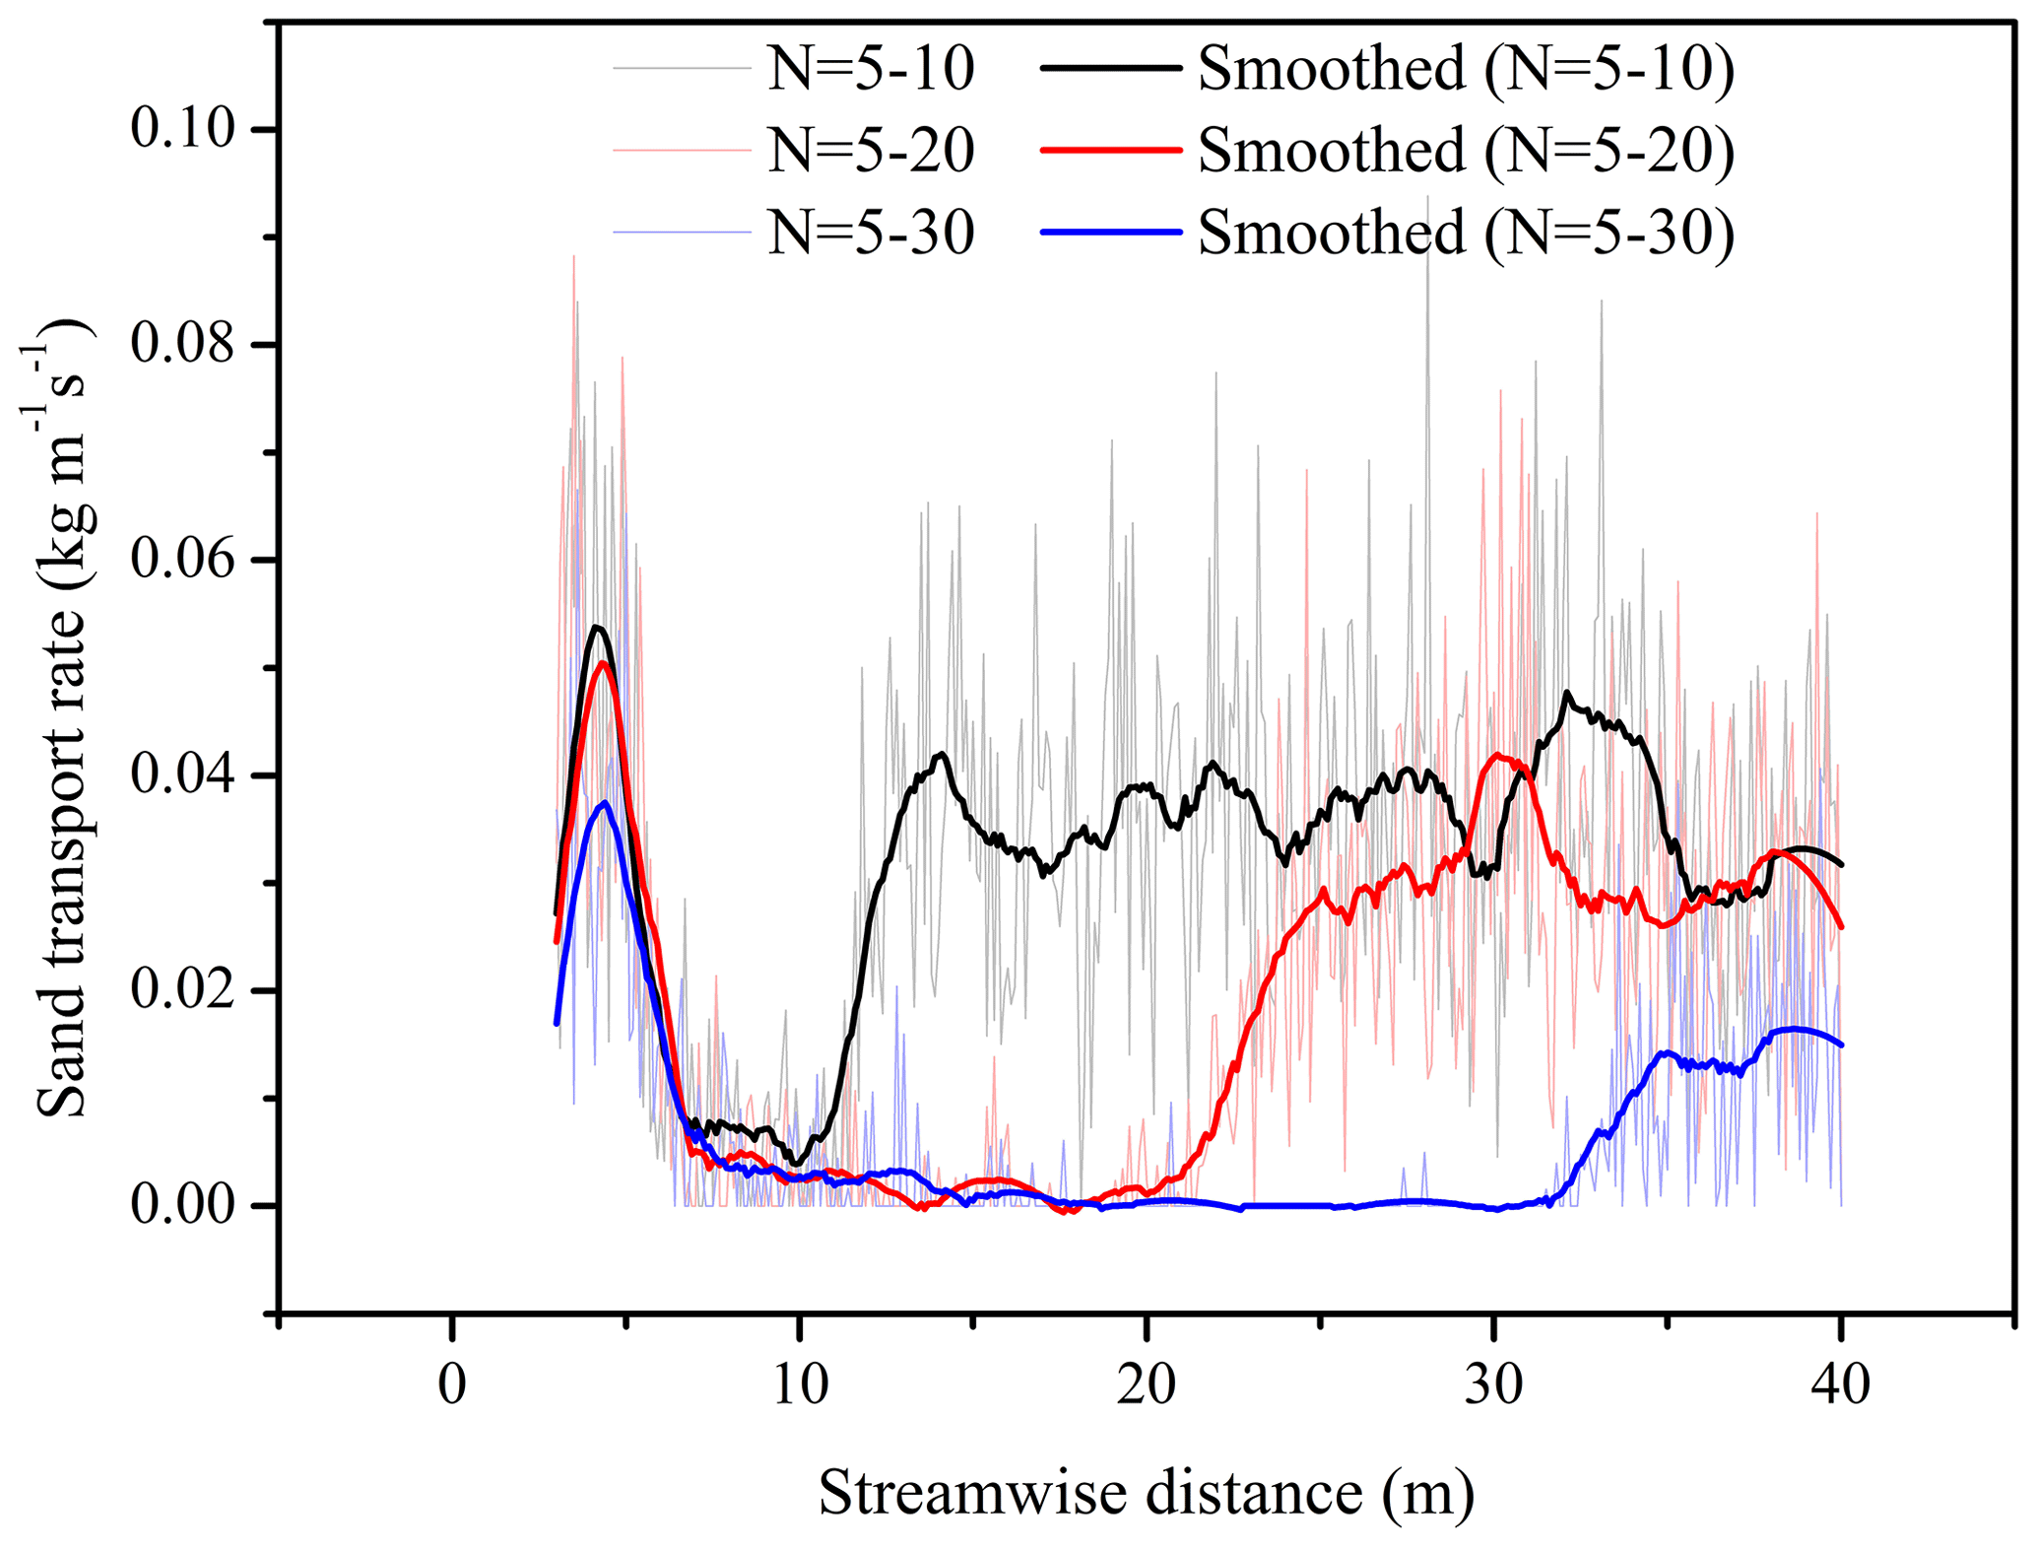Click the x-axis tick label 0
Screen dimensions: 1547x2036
[452, 1384]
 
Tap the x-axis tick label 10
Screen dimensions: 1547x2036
[799, 1384]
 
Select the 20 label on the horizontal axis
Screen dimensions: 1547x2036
[1147, 1384]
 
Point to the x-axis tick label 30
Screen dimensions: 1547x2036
[1494, 1384]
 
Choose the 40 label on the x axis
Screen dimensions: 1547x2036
[1841, 1384]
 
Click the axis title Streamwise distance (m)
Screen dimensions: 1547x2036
[1147, 1493]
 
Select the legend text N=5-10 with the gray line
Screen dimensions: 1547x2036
[871, 69]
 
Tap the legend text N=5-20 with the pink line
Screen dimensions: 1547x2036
[871, 151]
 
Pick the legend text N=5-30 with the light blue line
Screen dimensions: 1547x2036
[871, 233]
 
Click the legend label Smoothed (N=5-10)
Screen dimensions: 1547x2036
[1466, 69]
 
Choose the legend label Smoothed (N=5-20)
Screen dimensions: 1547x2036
[1466, 151]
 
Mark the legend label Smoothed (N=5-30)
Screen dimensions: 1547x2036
[1466, 233]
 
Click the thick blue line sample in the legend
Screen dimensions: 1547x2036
[1110, 233]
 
